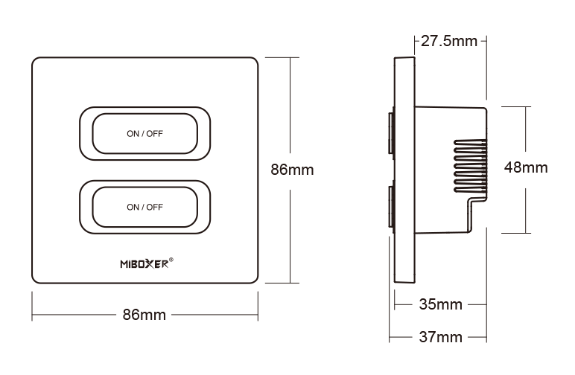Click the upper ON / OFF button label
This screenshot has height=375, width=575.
(144, 134)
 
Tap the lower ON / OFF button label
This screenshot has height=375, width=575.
(144, 207)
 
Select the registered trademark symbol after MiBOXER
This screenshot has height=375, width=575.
(172, 260)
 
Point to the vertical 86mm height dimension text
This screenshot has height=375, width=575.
(291, 170)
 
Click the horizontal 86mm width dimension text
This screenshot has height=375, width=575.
(144, 315)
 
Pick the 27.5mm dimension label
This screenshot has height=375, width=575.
(448, 41)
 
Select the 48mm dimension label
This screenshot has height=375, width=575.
(526, 167)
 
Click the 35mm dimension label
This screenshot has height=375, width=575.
(439, 304)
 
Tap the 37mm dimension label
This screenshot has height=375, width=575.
(439, 337)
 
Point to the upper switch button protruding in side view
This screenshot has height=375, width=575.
(390, 134)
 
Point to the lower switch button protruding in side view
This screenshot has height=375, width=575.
(390, 207)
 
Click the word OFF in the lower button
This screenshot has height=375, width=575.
(154, 207)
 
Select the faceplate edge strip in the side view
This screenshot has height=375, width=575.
(404, 171)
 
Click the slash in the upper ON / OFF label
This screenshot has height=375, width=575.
(142, 134)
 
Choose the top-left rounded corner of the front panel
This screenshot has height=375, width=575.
(36, 62)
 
